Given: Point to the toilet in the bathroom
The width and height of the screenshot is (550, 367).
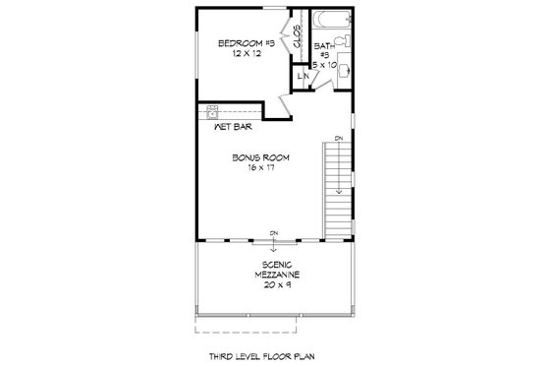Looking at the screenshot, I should click(345, 45).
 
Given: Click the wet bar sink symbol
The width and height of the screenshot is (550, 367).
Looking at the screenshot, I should click(212, 112).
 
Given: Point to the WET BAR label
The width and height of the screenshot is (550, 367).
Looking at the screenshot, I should click(230, 127).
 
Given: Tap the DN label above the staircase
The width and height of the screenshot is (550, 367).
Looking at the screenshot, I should click(339, 139).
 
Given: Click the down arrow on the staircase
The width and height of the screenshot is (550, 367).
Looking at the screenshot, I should click(339, 187).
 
